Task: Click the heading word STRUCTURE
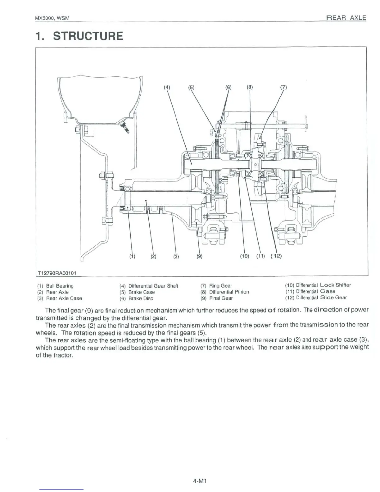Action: tap(88, 36)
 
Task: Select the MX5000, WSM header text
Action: tap(52, 18)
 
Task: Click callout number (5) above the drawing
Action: tap(191, 87)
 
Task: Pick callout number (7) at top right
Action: tap(283, 87)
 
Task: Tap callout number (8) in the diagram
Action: tap(250, 87)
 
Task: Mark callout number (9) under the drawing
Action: tap(199, 257)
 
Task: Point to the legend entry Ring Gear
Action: tap(220, 286)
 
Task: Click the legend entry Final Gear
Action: tap(221, 298)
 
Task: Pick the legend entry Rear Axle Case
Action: tap(64, 298)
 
